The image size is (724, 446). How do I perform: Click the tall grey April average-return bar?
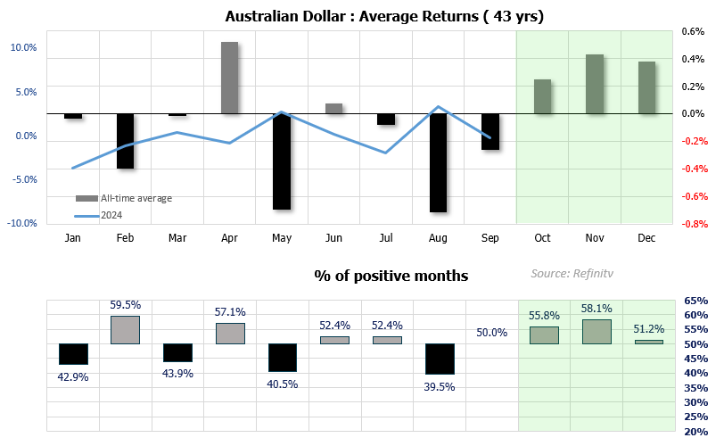click(x=229, y=78)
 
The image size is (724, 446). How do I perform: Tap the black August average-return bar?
click(x=438, y=162)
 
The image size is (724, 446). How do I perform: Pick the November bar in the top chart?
click(x=595, y=84)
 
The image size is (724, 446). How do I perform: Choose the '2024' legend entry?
click(x=111, y=214)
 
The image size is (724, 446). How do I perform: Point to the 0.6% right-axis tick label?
click(x=693, y=30)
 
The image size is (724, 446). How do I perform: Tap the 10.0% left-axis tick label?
click(x=23, y=48)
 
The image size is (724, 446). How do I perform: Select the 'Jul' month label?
click(x=386, y=238)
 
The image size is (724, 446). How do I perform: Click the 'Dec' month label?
click(x=646, y=238)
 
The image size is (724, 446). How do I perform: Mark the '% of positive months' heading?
click(x=391, y=276)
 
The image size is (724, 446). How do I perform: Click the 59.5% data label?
click(x=126, y=305)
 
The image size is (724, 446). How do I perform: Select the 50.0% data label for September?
click(x=491, y=332)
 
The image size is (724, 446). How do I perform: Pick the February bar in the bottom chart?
click(x=125, y=329)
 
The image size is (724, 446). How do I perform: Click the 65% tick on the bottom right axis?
click(x=697, y=301)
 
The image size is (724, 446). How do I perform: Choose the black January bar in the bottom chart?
click(x=73, y=353)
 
